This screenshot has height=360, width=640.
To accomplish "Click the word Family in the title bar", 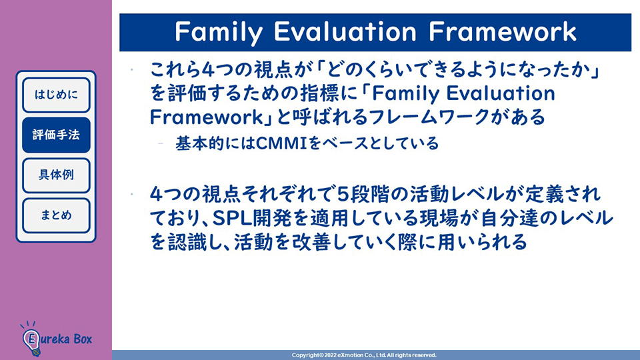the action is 219,32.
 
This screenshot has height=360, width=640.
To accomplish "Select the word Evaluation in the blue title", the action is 345,31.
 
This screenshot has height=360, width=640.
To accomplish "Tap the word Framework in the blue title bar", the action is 503,31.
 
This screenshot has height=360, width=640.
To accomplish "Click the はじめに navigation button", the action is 56,95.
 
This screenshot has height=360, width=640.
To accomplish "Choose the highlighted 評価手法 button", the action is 56,135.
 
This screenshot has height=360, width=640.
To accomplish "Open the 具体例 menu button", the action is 56,175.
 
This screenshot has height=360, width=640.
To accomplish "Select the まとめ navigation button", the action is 56,215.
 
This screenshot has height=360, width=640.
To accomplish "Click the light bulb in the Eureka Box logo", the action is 31,341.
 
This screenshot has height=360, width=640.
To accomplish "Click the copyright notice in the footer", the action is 364,355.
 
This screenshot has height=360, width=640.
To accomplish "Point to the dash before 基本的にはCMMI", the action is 161,143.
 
